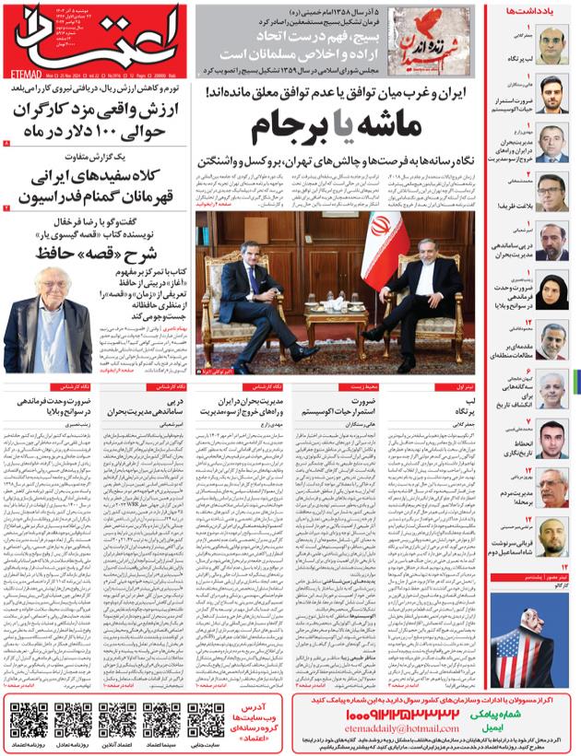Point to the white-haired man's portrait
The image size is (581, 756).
44,318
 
